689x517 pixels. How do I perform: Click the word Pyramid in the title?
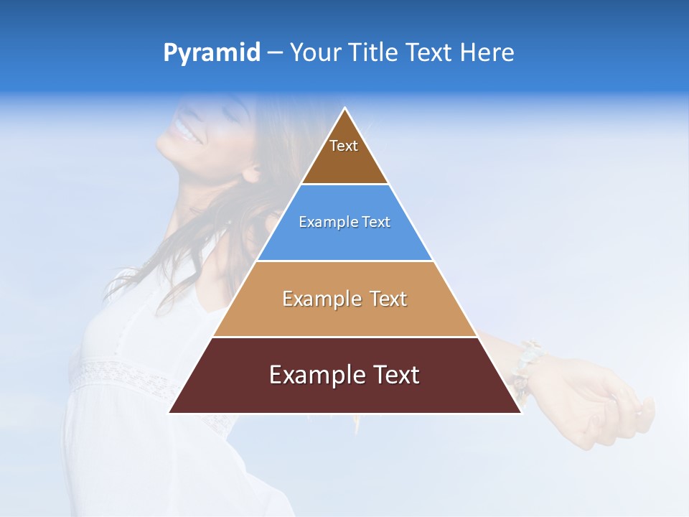pyautogui.click(x=211, y=53)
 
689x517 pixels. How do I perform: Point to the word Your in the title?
pyautogui.click(x=316, y=53)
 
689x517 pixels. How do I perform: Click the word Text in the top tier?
pyautogui.click(x=344, y=146)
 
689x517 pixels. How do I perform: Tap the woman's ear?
pyautogui.click(x=251, y=172)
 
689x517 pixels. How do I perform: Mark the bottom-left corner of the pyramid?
pyautogui.click(x=170, y=412)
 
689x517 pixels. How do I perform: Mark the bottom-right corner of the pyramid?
pyautogui.click(x=520, y=412)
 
